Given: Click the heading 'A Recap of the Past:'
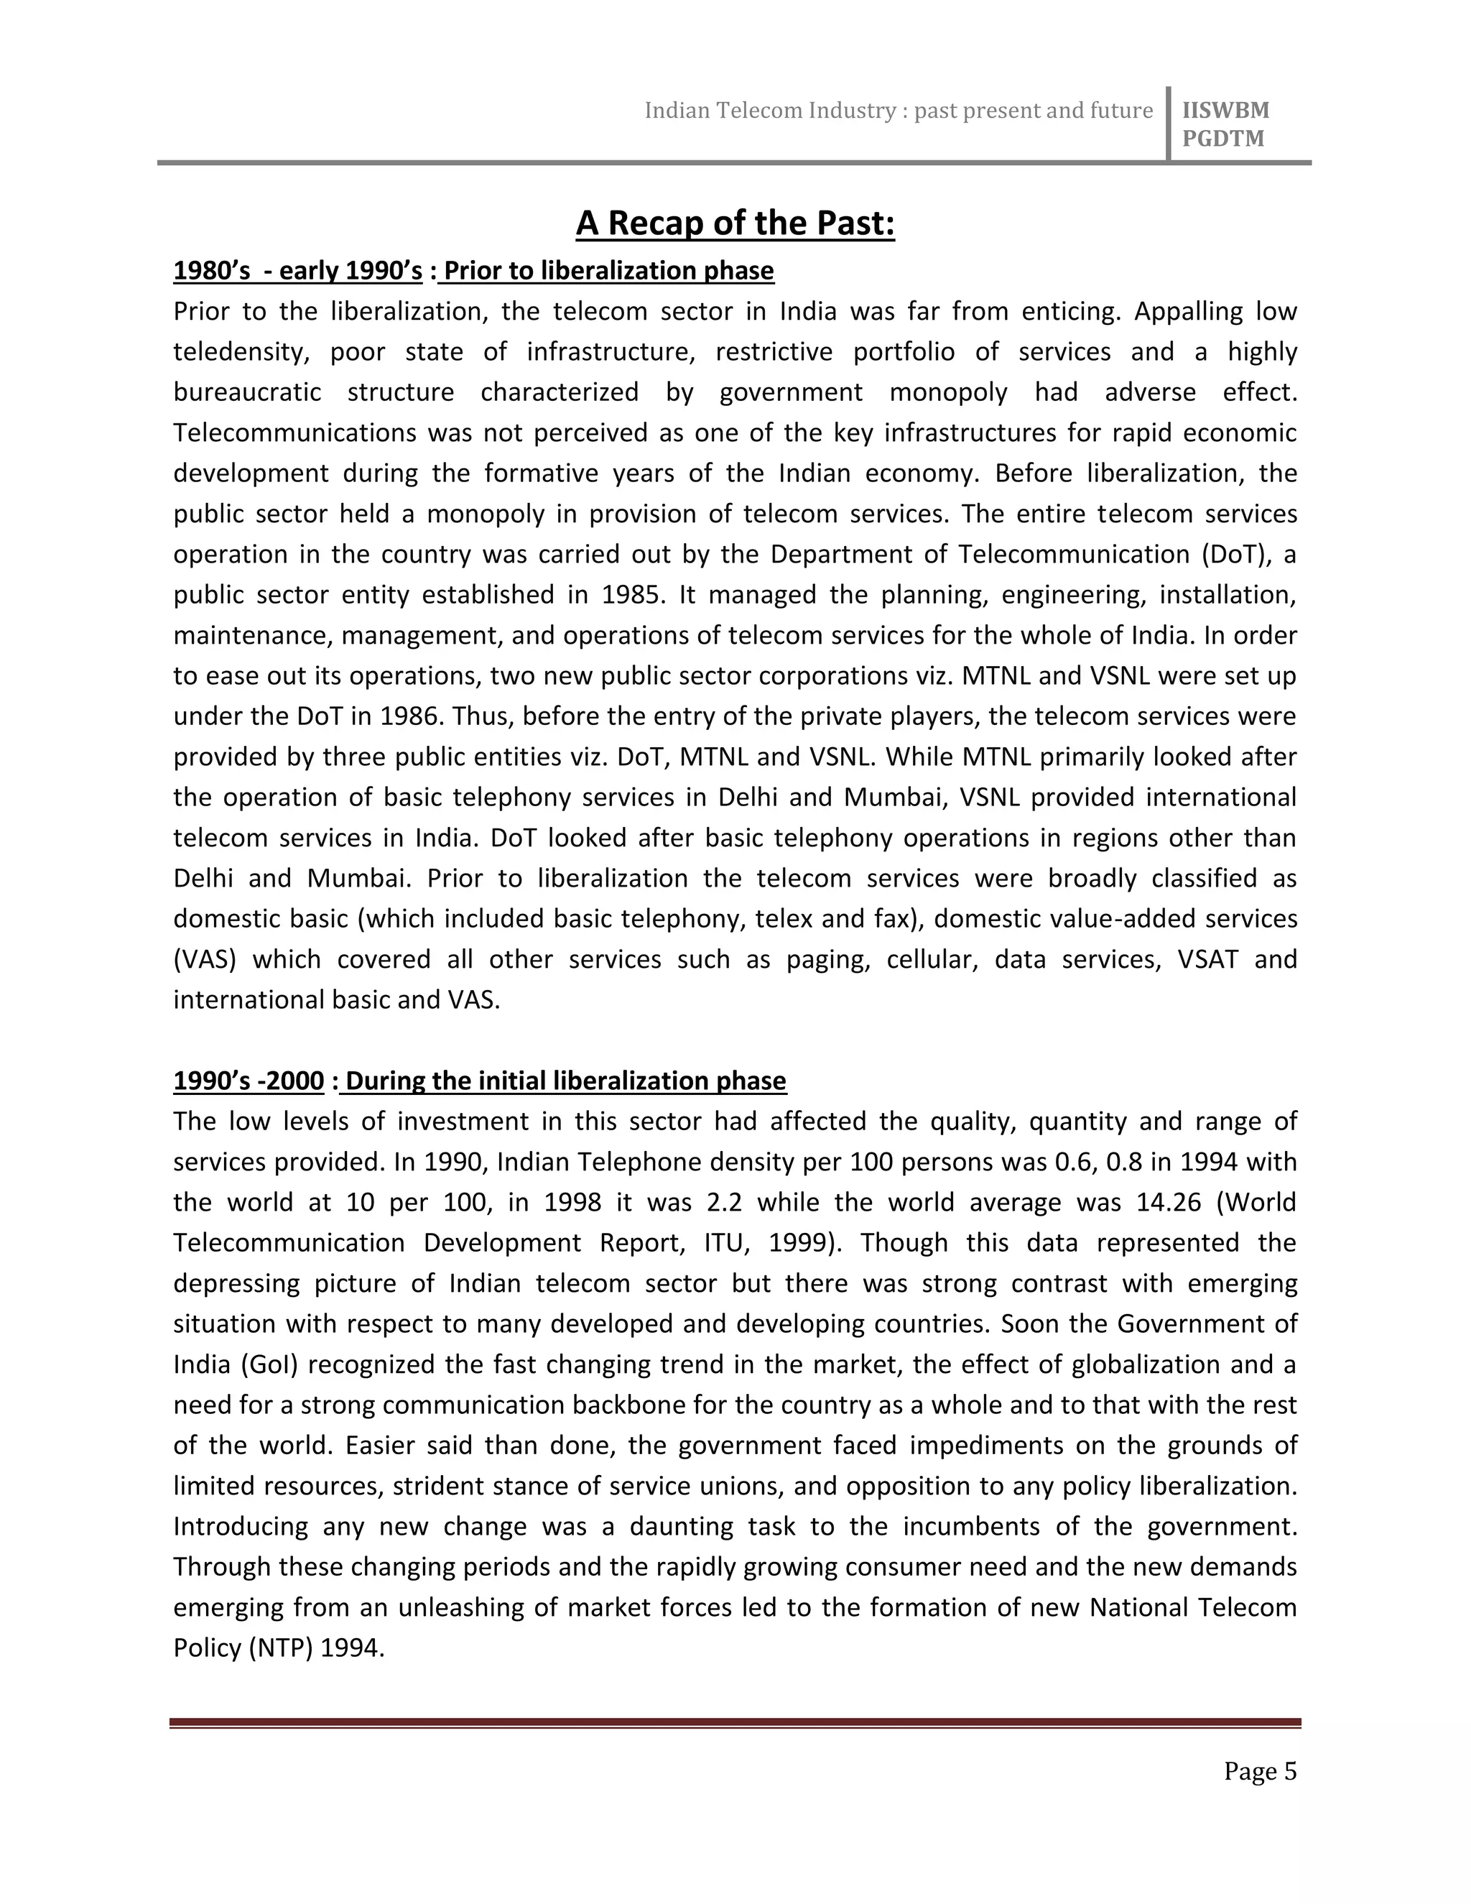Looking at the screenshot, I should (x=735, y=223).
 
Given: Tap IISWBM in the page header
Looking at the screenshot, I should (x=1225, y=110).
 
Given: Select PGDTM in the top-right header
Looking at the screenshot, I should (x=1222, y=139).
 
